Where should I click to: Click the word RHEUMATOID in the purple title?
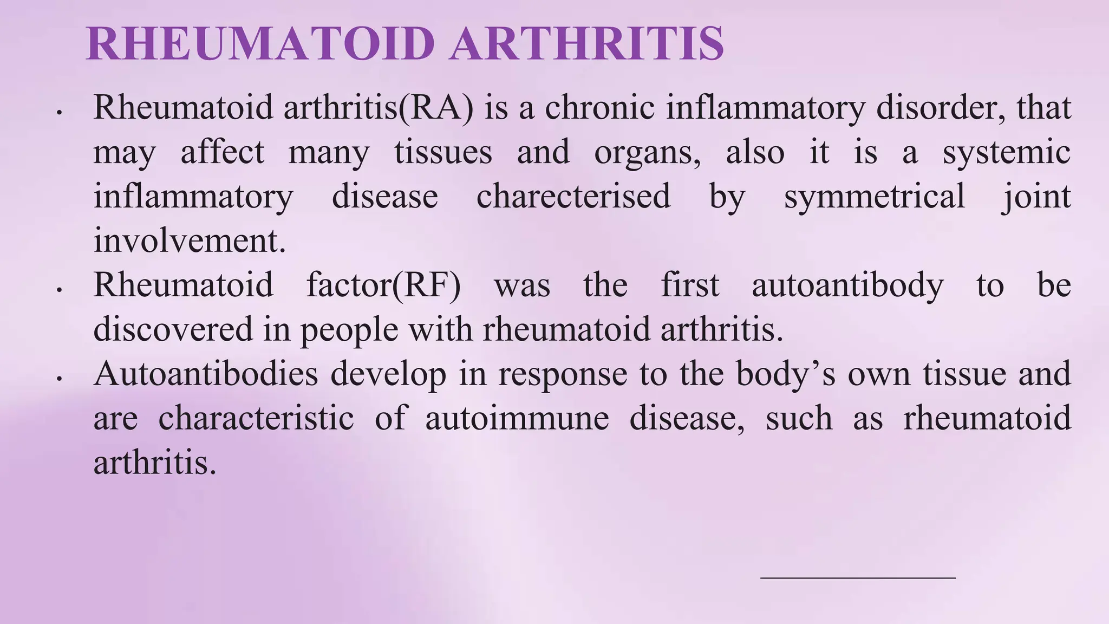tap(260, 43)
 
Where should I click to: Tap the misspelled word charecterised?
tap(573, 196)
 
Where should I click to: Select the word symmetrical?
tap(874, 196)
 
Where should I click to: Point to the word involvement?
tap(189, 240)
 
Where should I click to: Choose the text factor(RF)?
tap(383, 285)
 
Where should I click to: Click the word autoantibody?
tap(847, 285)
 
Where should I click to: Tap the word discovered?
tap(173, 329)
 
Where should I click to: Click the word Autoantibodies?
tap(206, 374)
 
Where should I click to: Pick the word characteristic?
tap(256, 418)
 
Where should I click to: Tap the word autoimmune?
tap(517, 418)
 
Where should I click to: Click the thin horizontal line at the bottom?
tap(858, 578)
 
